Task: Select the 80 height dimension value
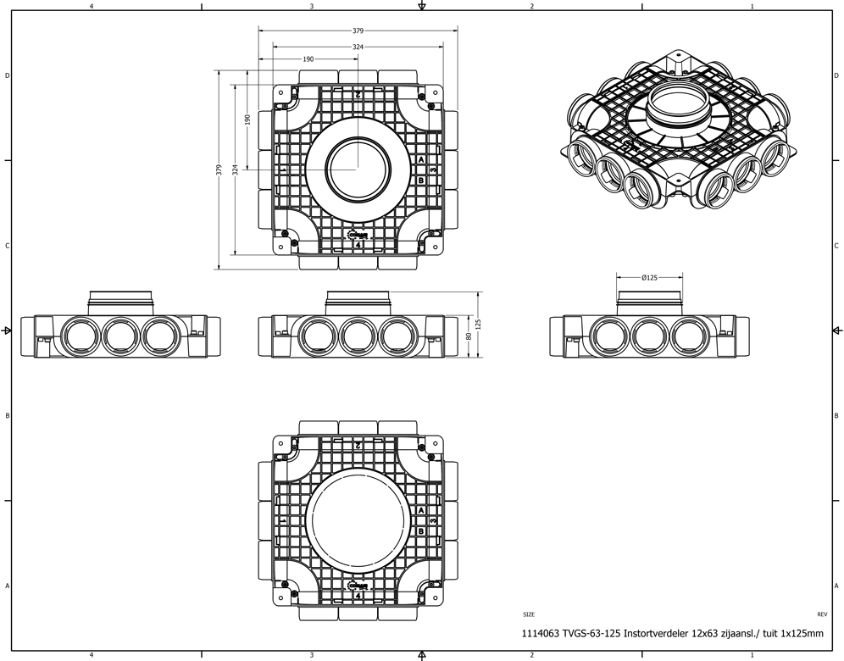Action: pyautogui.click(x=469, y=336)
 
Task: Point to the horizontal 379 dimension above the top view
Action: pyautogui.click(x=358, y=31)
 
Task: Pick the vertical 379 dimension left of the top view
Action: pyautogui.click(x=219, y=169)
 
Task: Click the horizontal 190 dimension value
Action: pyautogui.click(x=307, y=59)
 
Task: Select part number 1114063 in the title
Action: pyautogui.click(x=539, y=633)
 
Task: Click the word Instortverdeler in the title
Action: pyautogui.click(x=658, y=633)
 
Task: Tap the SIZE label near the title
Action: pyautogui.click(x=529, y=614)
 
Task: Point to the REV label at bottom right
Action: pyautogui.click(x=821, y=614)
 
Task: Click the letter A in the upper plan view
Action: pyautogui.click(x=421, y=159)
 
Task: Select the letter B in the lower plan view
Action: pyautogui.click(x=421, y=531)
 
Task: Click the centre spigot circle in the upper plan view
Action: pyautogui.click(x=358, y=167)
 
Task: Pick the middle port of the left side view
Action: pyautogui.click(x=120, y=336)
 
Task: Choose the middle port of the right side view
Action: pyautogui.click(x=649, y=336)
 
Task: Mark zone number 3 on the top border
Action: pyautogui.click(x=312, y=7)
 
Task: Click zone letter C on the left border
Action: pyautogui.click(x=7, y=246)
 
